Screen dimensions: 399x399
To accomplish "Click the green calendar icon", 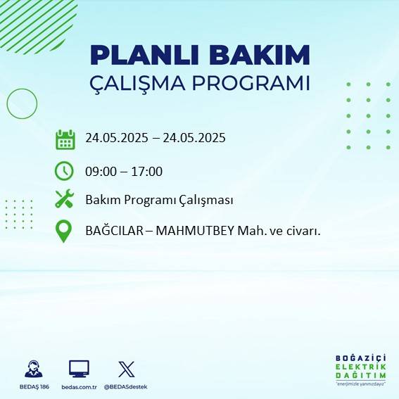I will click(65, 139).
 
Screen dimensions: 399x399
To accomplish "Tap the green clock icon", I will click(64, 171).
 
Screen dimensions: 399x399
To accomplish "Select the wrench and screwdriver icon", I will click(64, 200).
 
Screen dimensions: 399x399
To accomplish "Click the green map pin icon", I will click(64, 232).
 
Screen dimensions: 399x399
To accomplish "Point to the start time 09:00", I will click(101, 171).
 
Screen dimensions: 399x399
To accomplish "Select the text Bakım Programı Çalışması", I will click(159, 201).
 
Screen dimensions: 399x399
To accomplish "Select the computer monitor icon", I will click(79, 369).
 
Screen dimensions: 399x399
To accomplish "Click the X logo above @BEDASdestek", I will click(127, 369).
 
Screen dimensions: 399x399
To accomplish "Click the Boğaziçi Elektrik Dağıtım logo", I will click(361, 370).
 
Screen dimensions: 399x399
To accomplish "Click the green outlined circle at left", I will click(22, 104).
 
